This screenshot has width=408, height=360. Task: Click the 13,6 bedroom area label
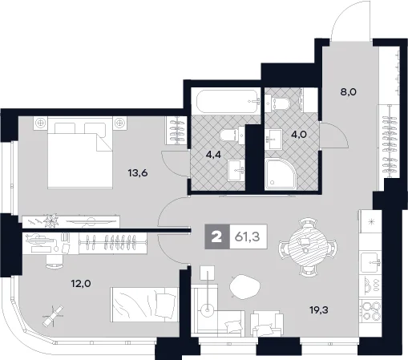pos(138,173)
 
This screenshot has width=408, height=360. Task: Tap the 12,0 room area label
pos(81,283)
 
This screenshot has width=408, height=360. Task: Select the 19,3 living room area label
pos(319,310)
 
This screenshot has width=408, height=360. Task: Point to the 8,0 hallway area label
pos(349,92)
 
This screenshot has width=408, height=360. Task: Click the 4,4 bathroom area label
pos(213,154)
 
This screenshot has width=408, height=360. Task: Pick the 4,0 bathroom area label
pos(299,135)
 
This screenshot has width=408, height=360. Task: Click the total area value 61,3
pos(247,237)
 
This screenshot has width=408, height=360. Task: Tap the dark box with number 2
pos(217,237)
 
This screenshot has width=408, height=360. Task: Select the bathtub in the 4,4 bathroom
pos(227,101)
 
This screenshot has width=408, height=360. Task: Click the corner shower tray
pos(281,174)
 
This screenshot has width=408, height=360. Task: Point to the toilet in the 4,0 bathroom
pos(278,103)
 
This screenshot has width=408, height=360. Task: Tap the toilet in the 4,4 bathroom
pos(232,136)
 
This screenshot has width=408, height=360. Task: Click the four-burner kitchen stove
pos(370,310)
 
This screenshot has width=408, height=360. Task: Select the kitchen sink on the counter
pos(370,262)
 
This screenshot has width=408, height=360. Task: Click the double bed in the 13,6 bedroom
pos(80,152)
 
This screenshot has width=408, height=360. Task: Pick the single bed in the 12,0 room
pos(144,305)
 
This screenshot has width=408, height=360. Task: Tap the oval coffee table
pos(244,286)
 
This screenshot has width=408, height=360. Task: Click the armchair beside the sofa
pos(267,323)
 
